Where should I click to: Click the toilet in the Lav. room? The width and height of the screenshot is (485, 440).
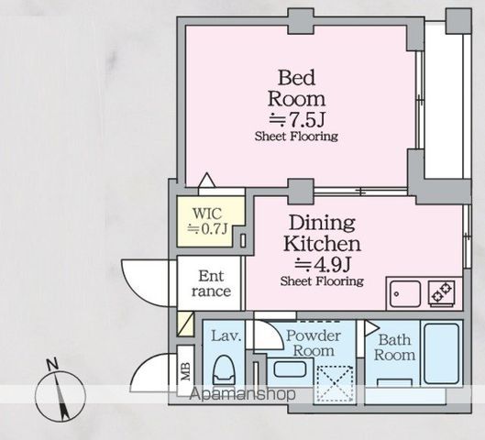tap(224, 371)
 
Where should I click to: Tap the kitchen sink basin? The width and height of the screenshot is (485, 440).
tap(405, 293)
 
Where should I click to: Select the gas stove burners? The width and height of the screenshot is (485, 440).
tap(442, 292)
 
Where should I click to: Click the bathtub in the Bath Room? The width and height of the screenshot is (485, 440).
tap(441, 354)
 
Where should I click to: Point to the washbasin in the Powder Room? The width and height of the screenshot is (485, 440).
tap(290, 369)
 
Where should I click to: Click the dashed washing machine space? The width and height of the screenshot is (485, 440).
tap(336, 384)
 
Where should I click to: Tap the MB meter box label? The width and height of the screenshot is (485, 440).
tap(185, 371)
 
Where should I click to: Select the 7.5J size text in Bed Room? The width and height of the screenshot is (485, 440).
tap(296, 119)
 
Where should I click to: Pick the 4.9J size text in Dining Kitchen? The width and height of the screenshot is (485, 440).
tap(322, 264)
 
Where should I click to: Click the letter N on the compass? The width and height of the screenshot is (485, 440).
tap(52, 364)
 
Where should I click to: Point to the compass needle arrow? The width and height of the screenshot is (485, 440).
tap(61, 396)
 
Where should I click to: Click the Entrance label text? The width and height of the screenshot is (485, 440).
tap(211, 283)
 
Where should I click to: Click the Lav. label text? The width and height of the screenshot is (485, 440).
tap(226, 336)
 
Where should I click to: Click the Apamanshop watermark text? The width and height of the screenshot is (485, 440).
tap(242, 394)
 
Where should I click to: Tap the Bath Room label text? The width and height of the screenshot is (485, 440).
tap(394, 347)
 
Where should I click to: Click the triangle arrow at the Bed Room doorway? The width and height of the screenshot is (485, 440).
tap(206, 181)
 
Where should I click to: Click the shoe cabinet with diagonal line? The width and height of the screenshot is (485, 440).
tap(185, 324)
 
